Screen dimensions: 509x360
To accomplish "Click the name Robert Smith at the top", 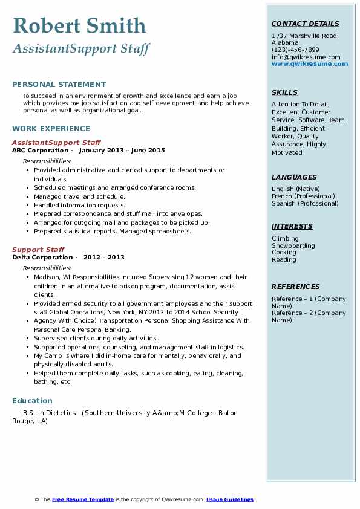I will click(79, 26).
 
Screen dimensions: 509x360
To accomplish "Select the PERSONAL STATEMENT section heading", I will click(59, 85).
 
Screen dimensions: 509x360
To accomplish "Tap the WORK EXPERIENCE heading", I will click(51, 128).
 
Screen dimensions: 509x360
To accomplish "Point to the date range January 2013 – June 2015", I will click(122, 150).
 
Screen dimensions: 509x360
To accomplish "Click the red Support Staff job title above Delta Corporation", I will click(38, 250).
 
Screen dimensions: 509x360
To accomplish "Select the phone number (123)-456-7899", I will click(295, 50).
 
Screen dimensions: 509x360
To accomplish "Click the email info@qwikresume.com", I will click(306, 57).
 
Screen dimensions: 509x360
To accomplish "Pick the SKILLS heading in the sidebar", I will click(284, 92).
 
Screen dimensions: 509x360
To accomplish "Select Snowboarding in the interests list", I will click(293, 245).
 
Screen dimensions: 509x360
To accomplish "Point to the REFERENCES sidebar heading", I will click(295, 287).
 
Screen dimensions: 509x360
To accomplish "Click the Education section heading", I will click(32, 400).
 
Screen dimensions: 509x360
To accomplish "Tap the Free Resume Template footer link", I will click(83, 499).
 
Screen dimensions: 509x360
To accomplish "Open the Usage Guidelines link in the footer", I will click(229, 499).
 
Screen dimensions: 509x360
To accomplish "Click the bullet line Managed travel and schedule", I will click(79, 196).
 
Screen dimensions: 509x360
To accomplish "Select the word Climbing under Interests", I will click(285, 238).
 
